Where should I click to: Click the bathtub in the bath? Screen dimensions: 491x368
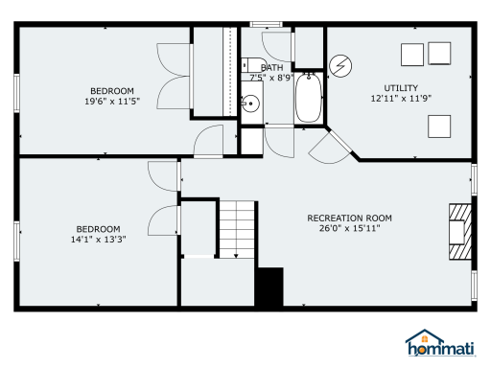(x=309, y=98)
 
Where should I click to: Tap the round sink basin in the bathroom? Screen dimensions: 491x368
(x=250, y=103)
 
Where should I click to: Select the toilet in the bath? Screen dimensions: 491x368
(x=253, y=65)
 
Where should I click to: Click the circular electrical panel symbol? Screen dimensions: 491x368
(x=340, y=66)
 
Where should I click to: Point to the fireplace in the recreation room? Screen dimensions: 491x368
(x=460, y=232)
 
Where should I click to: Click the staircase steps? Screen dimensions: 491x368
(x=237, y=229)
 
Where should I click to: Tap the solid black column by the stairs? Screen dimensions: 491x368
(x=270, y=287)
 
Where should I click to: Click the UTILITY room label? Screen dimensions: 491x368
(x=401, y=88)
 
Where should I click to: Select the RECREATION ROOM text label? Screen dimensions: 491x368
(x=349, y=218)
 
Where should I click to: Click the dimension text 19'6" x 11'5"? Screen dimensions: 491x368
(x=112, y=102)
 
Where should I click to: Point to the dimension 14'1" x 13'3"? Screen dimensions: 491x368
(x=98, y=239)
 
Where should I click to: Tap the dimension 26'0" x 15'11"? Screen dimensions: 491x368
(x=349, y=228)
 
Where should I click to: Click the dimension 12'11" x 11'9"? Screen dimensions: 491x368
(x=401, y=98)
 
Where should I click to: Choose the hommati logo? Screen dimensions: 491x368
(x=441, y=343)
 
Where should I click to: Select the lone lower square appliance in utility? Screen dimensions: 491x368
(x=439, y=126)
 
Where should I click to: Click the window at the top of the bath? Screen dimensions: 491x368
(x=266, y=24)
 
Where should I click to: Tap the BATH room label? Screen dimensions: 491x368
(x=271, y=67)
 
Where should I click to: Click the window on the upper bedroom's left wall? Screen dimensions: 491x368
(x=16, y=93)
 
